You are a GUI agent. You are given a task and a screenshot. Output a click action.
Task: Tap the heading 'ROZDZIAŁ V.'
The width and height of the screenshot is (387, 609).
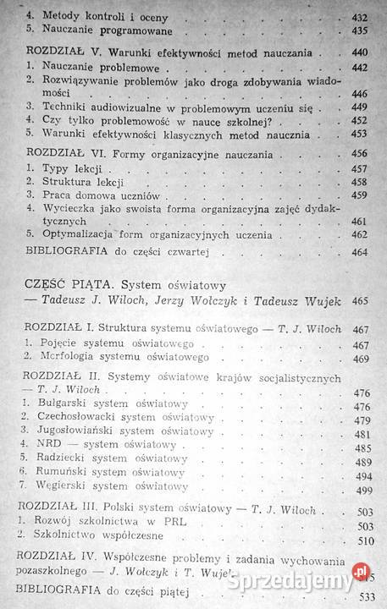(x=53, y=52)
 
